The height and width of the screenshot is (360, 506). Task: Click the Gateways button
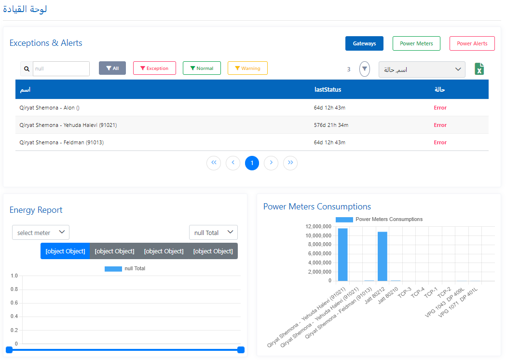pyautogui.click(x=364, y=43)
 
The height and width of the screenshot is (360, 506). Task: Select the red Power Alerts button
pyautogui.click(x=472, y=43)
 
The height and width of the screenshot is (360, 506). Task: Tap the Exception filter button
pyautogui.click(x=154, y=69)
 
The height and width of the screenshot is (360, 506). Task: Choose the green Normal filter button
pyautogui.click(x=202, y=69)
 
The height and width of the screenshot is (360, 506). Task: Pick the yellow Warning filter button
pyautogui.click(x=247, y=69)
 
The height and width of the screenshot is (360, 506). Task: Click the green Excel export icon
pyautogui.click(x=479, y=69)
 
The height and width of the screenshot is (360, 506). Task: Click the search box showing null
pyautogui.click(x=61, y=69)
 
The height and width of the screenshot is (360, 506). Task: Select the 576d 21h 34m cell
pyautogui.click(x=331, y=125)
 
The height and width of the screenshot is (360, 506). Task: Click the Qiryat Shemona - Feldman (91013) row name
pyautogui.click(x=62, y=142)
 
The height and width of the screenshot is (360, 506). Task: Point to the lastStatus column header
pyautogui.click(x=328, y=90)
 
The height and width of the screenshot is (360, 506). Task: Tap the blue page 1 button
pyautogui.click(x=252, y=163)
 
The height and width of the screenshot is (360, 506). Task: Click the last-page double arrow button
pyautogui.click(x=290, y=163)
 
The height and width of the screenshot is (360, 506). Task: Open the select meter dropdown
pyautogui.click(x=41, y=233)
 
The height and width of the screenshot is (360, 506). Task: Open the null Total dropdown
pyautogui.click(x=213, y=233)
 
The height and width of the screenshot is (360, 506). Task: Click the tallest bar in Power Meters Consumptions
pyautogui.click(x=343, y=254)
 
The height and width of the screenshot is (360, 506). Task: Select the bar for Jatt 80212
pyautogui.click(x=383, y=256)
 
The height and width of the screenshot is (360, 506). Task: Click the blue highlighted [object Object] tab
pyautogui.click(x=65, y=251)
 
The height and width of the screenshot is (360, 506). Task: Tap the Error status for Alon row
pyautogui.click(x=440, y=108)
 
